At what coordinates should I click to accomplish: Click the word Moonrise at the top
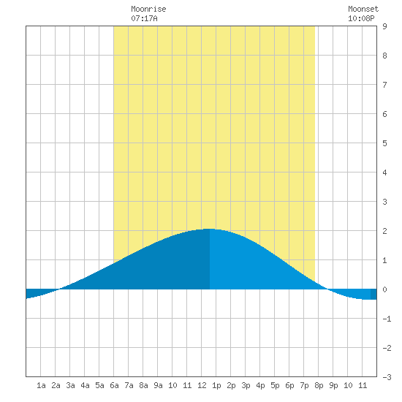pyautogui.click(x=148, y=9)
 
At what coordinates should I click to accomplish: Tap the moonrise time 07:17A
pyautogui.click(x=144, y=18)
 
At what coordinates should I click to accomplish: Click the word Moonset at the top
pyautogui.click(x=363, y=9)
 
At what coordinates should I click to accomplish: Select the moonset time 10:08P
pyautogui.click(x=361, y=18)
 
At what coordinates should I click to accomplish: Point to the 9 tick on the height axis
pyautogui.click(x=384, y=26)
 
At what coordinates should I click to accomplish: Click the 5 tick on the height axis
pyautogui.click(x=384, y=143)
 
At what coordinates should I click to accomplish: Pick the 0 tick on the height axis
pyautogui.click(x=384, y=289)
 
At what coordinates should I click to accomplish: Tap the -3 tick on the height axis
pyautogui.click(x=387, y=377)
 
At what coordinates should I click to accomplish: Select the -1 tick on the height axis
pyautogui.click(x=387, y=319)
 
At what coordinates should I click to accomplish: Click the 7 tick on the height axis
pyautogui.click(x=384, y=85)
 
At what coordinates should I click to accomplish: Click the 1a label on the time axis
pyautogui.click(x=41, y=385)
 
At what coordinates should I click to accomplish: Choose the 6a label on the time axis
pyautogui.click(x=114, y=385)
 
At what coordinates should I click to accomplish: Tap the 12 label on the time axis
pyautogui.click(x=202, y=385)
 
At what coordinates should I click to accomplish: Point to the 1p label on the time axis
pyautogui.click(x=216, y=385)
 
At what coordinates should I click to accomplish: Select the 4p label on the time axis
pyautogui.click(x=260, y=385)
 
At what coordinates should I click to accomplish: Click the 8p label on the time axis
pyautogui.click(x=319, y=385)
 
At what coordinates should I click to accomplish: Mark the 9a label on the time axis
pyautogui.click(x=158, y=385)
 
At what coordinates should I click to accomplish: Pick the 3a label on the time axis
pyautogui.click(x=70, y=385)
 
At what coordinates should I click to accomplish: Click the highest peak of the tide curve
pyautogui.click(x=210, y=229)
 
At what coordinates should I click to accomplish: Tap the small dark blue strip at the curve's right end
pyautogui.click(x=373, y=294)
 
